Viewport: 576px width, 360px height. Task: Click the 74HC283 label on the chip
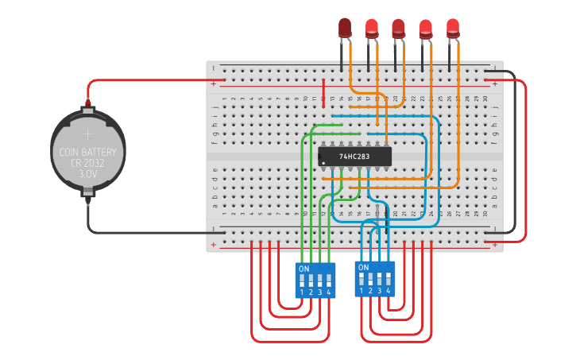[355, 157]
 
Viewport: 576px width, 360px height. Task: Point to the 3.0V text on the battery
[88, 173]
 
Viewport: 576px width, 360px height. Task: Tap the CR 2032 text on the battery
[88, 163]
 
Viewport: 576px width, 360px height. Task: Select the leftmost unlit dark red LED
[345, 28]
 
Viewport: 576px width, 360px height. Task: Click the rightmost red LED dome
[453, 28]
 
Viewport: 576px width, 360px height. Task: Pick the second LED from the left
[372, 28]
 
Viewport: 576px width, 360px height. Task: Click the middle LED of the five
[399, 28]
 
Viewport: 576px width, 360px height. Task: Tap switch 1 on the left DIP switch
[303, 280]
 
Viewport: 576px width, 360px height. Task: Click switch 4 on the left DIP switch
[328, 280]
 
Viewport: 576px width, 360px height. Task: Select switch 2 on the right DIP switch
[370, 279]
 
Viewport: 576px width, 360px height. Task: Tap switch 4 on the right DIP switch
[389, 279]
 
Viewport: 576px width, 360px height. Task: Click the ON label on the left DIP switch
[303, 269]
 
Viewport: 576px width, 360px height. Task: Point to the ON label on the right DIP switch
[363, 268]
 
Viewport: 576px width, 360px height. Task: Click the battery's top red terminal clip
[88, 105]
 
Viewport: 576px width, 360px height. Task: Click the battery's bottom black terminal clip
[88, 192]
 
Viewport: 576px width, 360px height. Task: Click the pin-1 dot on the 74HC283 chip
[323, 163]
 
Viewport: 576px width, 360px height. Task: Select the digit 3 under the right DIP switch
[380, 291]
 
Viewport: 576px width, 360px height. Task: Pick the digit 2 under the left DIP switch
[311, 292]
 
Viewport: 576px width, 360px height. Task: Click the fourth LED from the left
[426, 28]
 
